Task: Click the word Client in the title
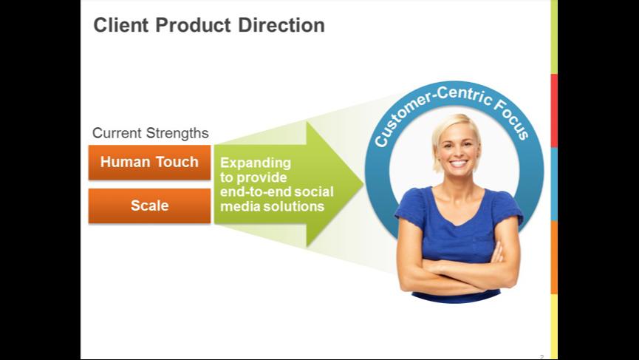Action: click(121, 25)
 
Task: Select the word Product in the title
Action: click(194, 25)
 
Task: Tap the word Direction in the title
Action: click(281, 25)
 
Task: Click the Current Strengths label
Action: click(151, 133)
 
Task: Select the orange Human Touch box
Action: click(149, 163)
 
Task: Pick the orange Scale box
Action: click(149, 206)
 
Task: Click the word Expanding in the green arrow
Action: click(256, 163)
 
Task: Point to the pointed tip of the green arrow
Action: click(363, 184)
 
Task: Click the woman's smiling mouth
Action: click(458, 163)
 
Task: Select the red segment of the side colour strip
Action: click(554, 110)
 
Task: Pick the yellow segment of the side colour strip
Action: click(554, 327)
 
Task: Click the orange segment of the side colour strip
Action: click(554, 257)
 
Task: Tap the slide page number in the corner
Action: click(542, 357)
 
